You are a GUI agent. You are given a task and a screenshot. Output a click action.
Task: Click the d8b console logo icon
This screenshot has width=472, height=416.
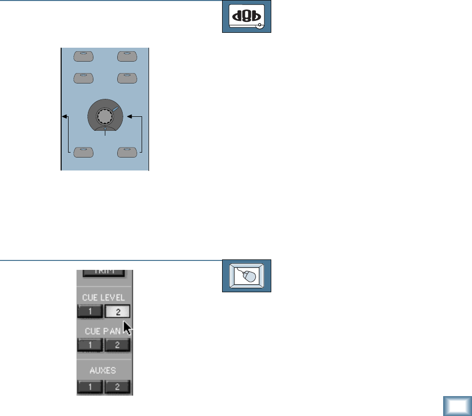point(246,17)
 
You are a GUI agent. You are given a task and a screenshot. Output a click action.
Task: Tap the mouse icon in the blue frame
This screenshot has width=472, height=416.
point(246,275)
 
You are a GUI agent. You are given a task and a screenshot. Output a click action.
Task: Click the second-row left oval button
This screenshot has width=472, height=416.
point(83,78)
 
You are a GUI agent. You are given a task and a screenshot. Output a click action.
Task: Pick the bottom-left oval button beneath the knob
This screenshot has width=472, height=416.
point(83,152)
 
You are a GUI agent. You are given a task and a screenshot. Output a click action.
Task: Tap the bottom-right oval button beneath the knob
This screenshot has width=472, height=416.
point(128,152)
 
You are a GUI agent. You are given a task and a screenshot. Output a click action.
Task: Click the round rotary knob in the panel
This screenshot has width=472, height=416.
point(105,117)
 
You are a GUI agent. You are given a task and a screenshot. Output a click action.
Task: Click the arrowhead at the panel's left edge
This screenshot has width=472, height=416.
point(64,117)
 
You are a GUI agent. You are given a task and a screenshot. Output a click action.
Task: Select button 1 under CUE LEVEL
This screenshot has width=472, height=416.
point(89,312)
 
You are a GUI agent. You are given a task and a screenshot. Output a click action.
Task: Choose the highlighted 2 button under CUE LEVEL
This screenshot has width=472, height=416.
point(117,312)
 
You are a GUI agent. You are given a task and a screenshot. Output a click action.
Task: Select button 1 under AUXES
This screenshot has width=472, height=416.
point(89,387)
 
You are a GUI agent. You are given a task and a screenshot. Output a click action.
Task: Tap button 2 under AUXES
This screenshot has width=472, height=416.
point(117,387)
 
